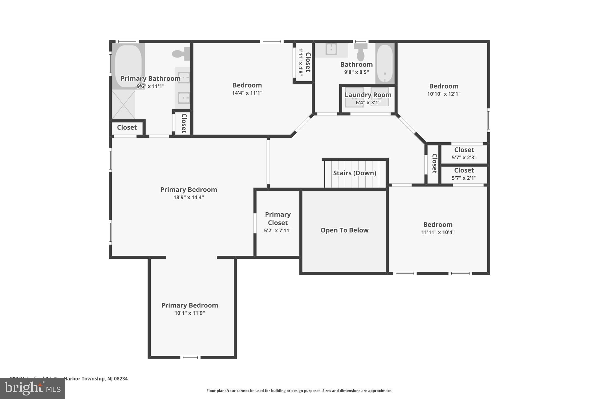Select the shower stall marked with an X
[123, 105]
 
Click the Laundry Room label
[368, 95]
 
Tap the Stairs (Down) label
[354, 173]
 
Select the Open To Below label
[344, 230]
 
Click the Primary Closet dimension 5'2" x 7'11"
[278, 231]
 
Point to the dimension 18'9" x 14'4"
[188, 197]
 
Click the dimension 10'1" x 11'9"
[190, 313]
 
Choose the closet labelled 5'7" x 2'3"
[464, 153]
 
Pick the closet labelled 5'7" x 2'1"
[464, 174]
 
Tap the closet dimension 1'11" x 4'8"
[300, 62]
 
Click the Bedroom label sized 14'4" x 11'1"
[247, 85]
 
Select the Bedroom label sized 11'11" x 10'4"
[438, 224]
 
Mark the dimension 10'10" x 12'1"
[444, 94]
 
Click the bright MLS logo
[32, 388]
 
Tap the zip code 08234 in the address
[121, 379]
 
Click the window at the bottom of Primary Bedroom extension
[190, 357]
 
